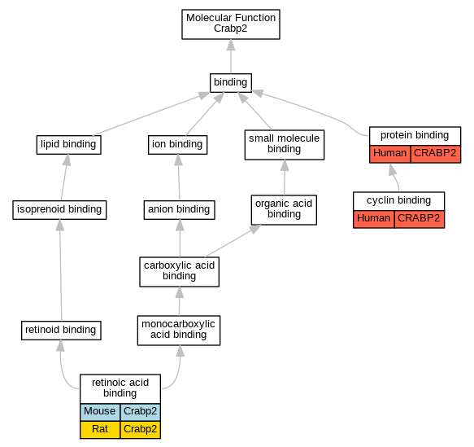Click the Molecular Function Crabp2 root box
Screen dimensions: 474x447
(231, 24)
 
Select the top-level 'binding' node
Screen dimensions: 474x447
(231, 82)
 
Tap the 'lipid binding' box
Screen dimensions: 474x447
(68, 145)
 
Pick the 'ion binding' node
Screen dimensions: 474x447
(177, 145)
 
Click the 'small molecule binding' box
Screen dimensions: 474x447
(285, 145)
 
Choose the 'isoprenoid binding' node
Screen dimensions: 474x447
(59, 210)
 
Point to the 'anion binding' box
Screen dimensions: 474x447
(179, 210)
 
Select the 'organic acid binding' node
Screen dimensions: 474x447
(284, 210)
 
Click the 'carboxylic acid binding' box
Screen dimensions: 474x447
(179, 272)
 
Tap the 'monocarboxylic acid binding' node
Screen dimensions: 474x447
(179, 331)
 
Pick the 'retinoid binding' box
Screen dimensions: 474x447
(61, 331)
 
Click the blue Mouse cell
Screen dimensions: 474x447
(100, 412)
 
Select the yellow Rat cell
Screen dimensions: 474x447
(100, 429)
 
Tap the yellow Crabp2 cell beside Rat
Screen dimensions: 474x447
(141, 429)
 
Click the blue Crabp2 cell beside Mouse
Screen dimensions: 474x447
(141, 412)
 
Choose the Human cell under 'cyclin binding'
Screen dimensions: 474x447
(374, 219)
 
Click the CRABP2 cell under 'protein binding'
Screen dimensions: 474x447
(436, 154)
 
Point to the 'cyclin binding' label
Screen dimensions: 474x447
(398, 200)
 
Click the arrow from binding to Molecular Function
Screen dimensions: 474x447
(231, 56)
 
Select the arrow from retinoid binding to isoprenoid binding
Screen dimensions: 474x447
(61, 270)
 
